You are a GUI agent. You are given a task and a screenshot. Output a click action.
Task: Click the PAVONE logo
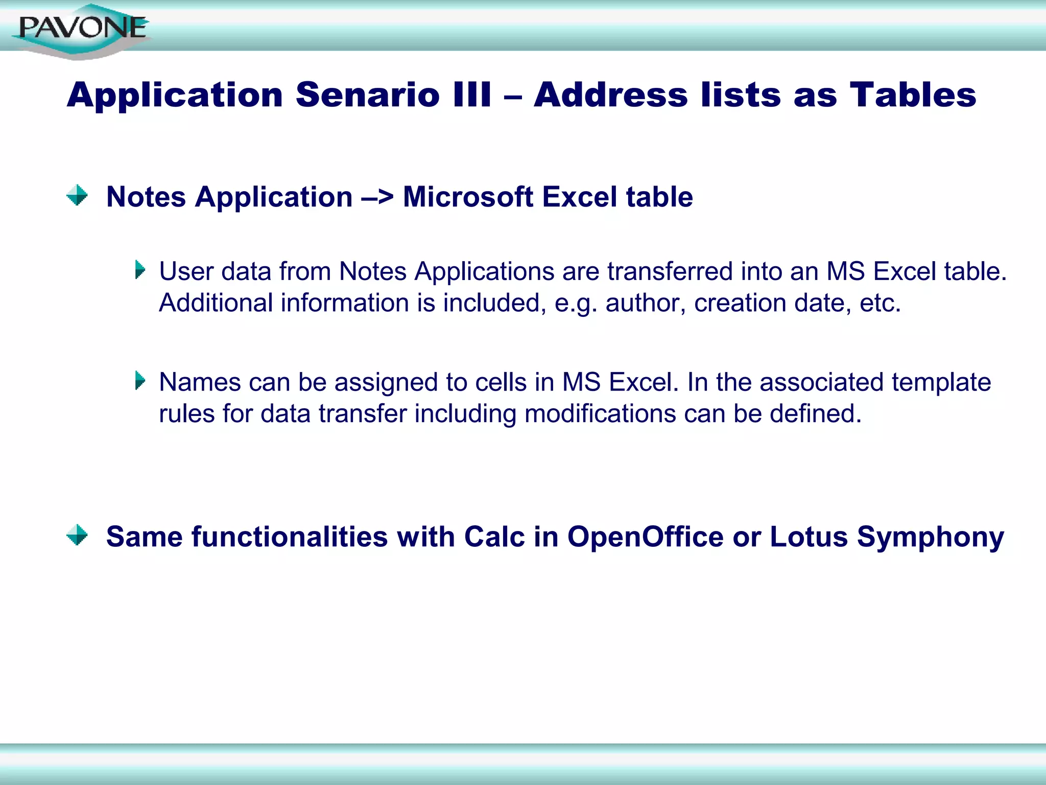click(82, 29)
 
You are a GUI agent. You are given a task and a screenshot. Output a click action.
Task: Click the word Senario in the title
click(367, 95)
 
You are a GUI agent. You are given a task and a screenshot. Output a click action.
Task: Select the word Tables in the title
click(913, 95)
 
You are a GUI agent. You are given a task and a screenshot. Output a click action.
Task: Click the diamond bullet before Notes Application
click(77, 196)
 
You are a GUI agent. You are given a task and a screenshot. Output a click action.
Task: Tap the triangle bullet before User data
click(140, 270)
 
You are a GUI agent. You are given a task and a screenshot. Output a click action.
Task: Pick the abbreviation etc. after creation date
click(880, 303)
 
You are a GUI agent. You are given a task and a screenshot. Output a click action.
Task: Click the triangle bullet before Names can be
click(140, 381)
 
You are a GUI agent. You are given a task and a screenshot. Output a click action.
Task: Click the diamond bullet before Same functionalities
click(77, 535)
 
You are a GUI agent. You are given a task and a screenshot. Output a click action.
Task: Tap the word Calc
click(494, 537)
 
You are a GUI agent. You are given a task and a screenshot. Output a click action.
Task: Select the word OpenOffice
click(645, 537)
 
